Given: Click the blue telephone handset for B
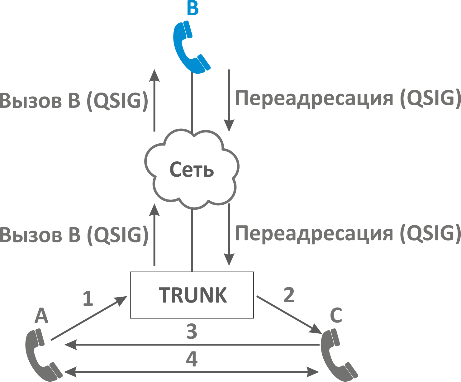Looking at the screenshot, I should pyautogui.click(x=190, y=47).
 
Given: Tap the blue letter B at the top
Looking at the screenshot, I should pyautogui.click(x=192, y=8).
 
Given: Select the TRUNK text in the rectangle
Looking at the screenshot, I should pyautogui.click(x=193, y=295).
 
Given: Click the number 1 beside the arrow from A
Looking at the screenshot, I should pyautogui.click(x=88, y=298).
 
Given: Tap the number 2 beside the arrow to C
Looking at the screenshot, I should pyautogui.click(x=289, y=295).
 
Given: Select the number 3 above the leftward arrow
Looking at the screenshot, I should pyautogui.click(x=192, y=332).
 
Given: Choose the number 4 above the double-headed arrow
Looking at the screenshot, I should pyautogui.click(x=192, y=359).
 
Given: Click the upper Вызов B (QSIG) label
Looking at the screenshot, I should pyautogui.click(x=74, y=101).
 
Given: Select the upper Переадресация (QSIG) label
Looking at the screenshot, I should pyautogui.click(x=348, y=98).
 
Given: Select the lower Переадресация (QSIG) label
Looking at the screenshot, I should pyautogui.click(x=348, y=233).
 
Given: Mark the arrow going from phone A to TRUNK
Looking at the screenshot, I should pyautogui.click(x=89, y=318).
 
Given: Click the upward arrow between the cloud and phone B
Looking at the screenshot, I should pyautogui.click(x=154, y=100).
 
